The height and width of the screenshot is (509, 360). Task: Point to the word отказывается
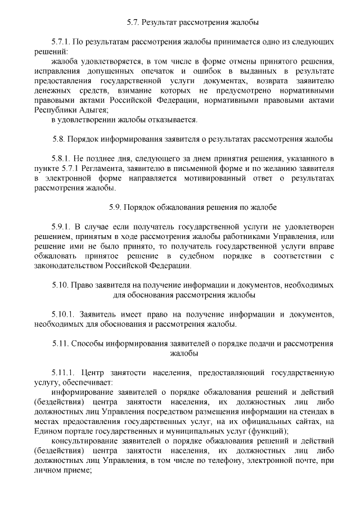[x=174, y=120]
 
